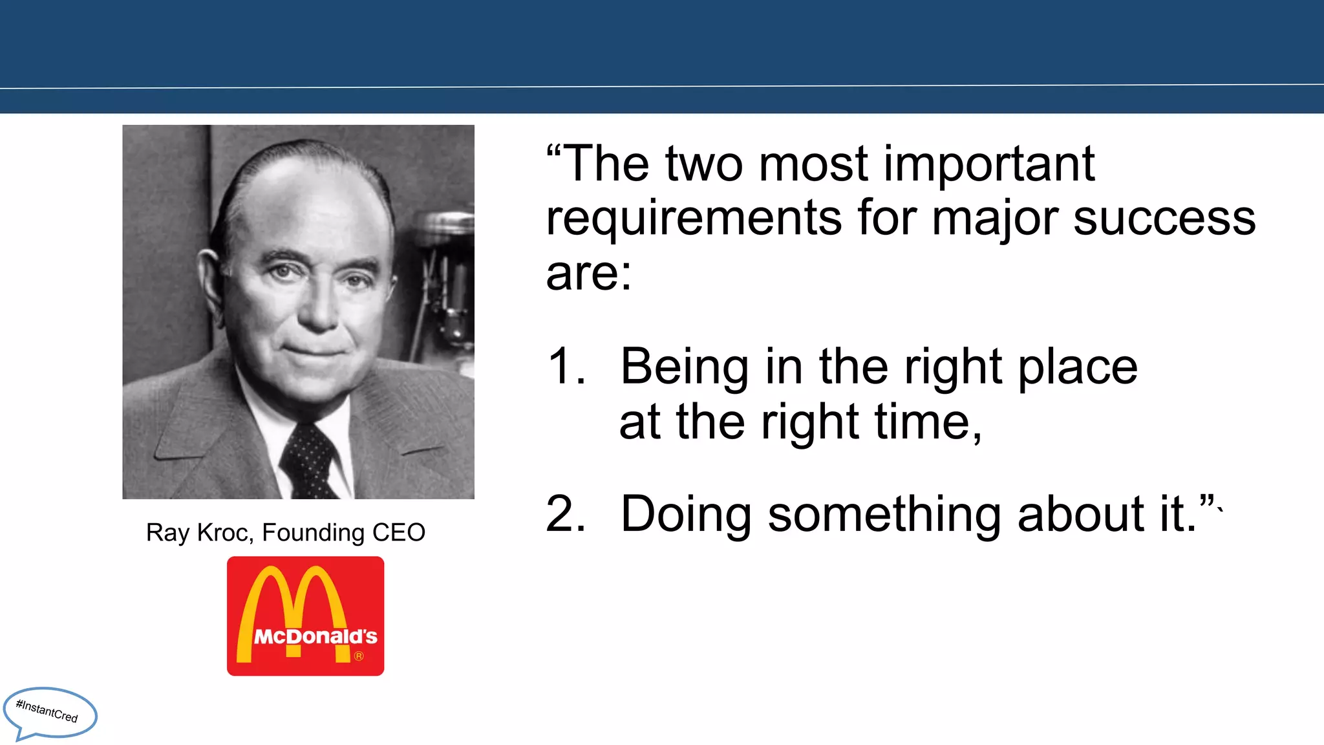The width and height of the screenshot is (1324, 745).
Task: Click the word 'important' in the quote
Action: [x=989, y=166]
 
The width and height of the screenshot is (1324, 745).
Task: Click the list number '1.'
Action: [x=566, y=367]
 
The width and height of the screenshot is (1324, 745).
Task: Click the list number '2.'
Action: [x=566, y=514]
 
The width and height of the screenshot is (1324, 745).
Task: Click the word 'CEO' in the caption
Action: [x=399, y=533]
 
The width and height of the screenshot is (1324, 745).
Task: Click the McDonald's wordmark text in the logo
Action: [x=315, y=637]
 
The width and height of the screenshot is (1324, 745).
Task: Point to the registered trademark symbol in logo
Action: [x=359, y=656]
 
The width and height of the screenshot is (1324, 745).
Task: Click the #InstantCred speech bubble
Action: [x=49, y=713]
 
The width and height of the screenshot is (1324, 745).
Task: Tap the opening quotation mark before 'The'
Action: [x=553, y=152]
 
